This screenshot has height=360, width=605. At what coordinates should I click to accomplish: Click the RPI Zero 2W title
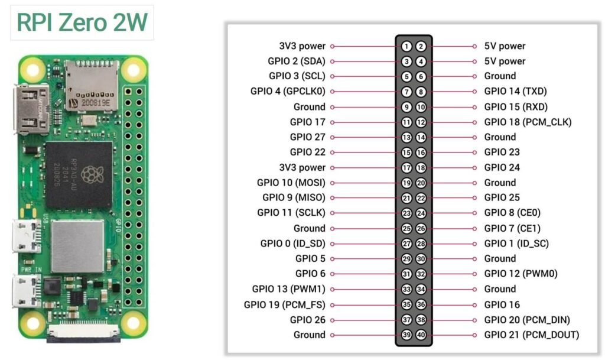click(82, 22)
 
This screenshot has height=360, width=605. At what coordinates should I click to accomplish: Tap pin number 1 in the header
click(406, 46)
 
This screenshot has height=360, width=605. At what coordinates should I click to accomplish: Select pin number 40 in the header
click(421, 335)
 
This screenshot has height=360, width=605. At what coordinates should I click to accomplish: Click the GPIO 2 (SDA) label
click(296, 61)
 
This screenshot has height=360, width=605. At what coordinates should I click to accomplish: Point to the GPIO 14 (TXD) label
click(515, 92)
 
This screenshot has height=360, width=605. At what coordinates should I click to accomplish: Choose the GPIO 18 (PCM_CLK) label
click(528, 122)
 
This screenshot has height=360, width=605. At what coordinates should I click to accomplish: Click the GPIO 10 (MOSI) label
click(291, 183)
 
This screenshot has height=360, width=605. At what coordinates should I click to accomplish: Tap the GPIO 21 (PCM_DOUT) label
click(532, 335)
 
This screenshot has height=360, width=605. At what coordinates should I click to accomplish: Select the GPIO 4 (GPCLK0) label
click(288, 92)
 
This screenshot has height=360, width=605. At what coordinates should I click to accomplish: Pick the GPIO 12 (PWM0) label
click(521, 274)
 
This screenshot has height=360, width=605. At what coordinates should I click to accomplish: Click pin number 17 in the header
click(406, 168)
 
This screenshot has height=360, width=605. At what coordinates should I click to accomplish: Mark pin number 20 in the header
click(421, 183)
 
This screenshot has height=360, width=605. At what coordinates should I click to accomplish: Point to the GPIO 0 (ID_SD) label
click(292, 244)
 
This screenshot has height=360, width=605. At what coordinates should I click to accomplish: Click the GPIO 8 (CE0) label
click(512, 213)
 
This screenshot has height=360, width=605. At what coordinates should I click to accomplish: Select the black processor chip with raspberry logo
click(78, 175)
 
